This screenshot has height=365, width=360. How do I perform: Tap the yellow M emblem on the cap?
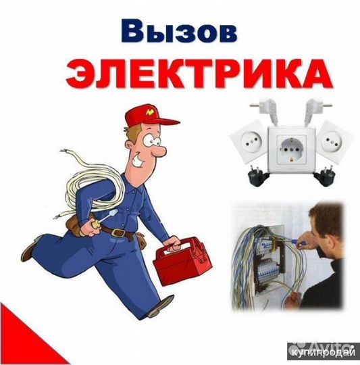[150, 109]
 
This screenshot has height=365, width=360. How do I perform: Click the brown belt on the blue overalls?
[121, 233]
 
